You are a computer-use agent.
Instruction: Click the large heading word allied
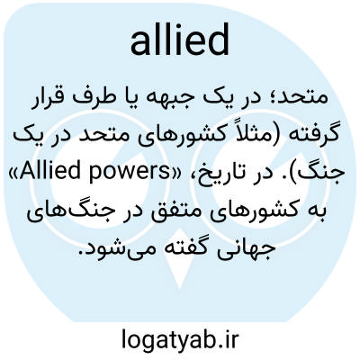180,40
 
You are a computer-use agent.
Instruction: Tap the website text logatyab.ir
180,338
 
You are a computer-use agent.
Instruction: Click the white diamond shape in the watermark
179,258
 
